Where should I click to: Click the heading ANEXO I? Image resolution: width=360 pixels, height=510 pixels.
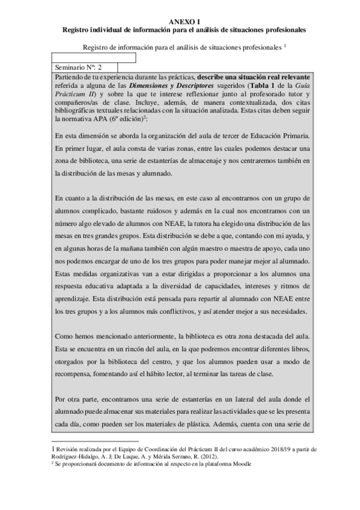click(x=180, y=20)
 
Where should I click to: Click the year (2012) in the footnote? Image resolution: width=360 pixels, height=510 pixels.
click(x=228, y=456)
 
